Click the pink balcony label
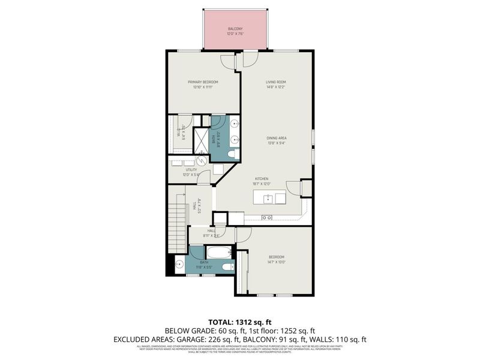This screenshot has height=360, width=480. click(x=235, y=29)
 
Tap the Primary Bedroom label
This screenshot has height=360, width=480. click(x=202, y=82)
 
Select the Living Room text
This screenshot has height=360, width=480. click(x=276, y=82)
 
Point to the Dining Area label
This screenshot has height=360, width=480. click(x=276, y=138)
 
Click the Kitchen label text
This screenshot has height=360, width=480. click(x=261, y=179)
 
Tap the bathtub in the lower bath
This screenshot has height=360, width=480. click(x=218, y=253)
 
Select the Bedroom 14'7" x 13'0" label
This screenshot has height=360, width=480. click(x=276, y=259)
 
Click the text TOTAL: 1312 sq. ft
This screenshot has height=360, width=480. click(x=240, y=322)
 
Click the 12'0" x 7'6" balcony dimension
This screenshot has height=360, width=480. click(x=235, y=34)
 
